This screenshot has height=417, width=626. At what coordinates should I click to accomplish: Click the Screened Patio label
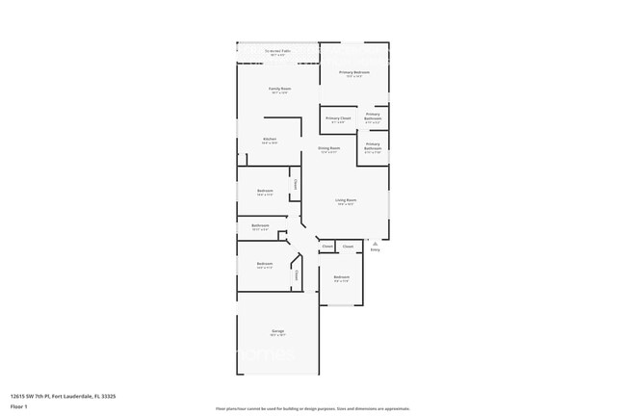279,53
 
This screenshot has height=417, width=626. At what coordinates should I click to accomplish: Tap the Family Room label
280,89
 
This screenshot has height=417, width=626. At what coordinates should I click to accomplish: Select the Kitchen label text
270,140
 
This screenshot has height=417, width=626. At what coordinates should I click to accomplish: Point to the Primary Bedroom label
354,73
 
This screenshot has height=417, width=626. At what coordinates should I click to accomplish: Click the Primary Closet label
338,118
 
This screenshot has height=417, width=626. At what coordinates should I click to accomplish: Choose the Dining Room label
329,148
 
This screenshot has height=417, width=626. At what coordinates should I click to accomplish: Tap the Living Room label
346,200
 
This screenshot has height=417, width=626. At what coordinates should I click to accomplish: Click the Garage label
277,331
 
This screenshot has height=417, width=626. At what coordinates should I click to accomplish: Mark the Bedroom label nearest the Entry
342,277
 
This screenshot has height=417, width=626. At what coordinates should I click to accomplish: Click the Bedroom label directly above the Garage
265,264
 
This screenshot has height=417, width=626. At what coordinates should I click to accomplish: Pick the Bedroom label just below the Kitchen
265,191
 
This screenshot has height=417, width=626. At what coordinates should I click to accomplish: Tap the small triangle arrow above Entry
376,245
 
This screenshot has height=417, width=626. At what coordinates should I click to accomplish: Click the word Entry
376,250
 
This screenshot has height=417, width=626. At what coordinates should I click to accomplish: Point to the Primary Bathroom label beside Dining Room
373,146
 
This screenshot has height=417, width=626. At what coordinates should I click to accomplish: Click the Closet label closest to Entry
349,247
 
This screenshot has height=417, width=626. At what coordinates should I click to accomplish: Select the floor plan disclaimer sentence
312,408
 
